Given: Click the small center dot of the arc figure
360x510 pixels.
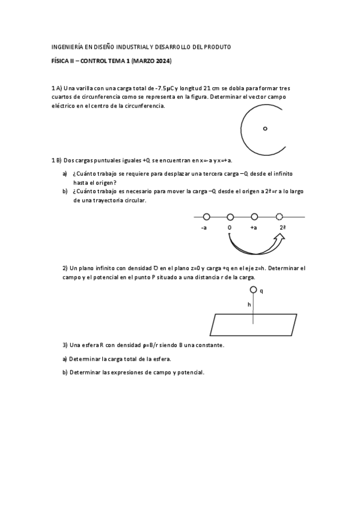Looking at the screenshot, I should pyautogui.click(x=265, y=128).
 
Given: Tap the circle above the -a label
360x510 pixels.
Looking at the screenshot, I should pyautogui.click(x=206, y=217).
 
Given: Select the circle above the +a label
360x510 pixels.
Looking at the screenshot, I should pyautogui.click(x=254, y=217).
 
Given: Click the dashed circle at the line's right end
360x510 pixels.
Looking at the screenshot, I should pyautogui.click(x=279, y=217).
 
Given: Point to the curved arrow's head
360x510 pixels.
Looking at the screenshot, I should pyautogui.click(x=279, y=239).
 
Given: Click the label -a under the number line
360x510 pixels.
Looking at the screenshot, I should pyautogui.click(x=204, y=229).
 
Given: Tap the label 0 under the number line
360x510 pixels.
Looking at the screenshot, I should pyautogui.click(x=230, y=229).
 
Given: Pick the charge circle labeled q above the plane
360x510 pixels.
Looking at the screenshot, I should pyautogui.click(x=253, y=290).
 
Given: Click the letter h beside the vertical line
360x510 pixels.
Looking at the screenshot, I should pyautogui.click(x=249, y=304).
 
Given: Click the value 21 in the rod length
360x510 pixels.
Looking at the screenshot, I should pyautogui.click(x=208, y=88).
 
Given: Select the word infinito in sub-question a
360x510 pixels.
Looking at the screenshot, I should pyautogui.click(x=281, y=174).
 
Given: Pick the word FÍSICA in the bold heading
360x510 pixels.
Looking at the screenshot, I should pyautogui.click(x=61, y=61).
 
